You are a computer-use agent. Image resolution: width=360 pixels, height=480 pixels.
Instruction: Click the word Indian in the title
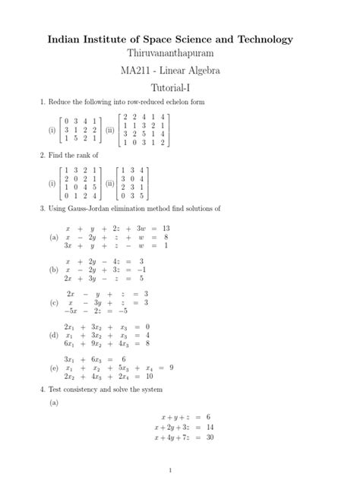[x=68, y=39]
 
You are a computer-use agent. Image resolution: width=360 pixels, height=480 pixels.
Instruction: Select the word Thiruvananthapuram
[x=180, y=55]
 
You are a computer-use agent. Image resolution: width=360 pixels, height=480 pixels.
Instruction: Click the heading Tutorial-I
[x=180, y=89]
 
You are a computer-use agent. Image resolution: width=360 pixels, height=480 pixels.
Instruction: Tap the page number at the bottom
[x=180, y=469]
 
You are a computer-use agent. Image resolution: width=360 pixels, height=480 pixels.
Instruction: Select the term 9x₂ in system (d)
[x=95, y=343]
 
